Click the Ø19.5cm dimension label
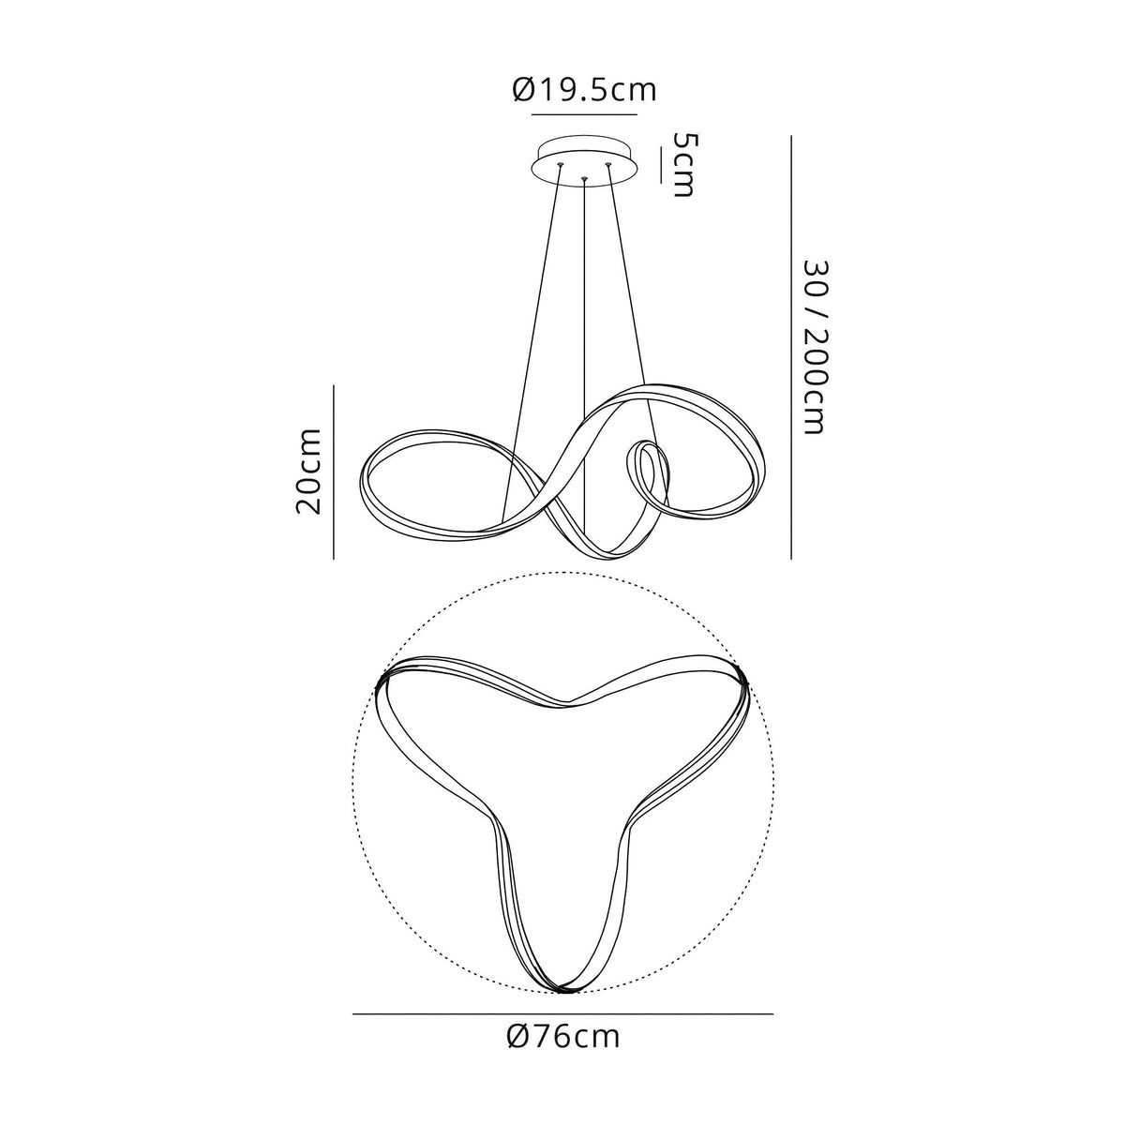click(x=585, y=91)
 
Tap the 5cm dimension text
click(x=684, y=164)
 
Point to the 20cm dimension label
click(x=308, y=472)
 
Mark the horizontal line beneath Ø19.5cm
click(x=584, y=115)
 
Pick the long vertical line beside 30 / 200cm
click(x=791, y=348)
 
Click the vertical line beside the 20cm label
click(x=334, y=472)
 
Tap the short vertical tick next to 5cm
click(x=660, y=166)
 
